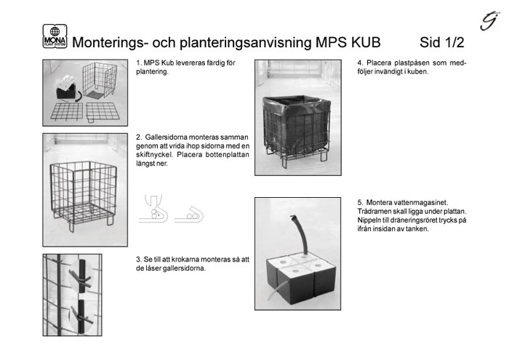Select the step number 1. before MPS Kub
(139, 64)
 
